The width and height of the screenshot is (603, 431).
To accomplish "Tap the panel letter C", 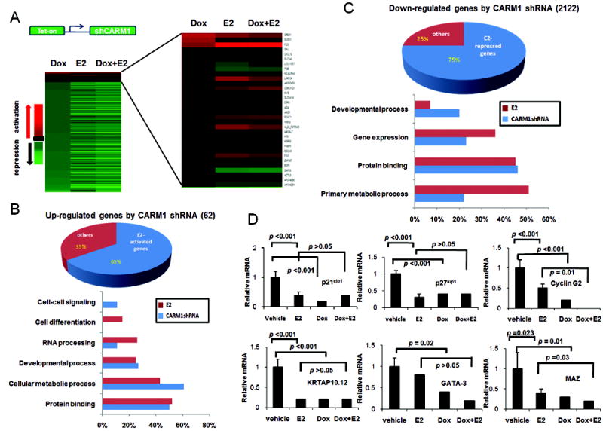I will pyautogui.click(x=348, y=9).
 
